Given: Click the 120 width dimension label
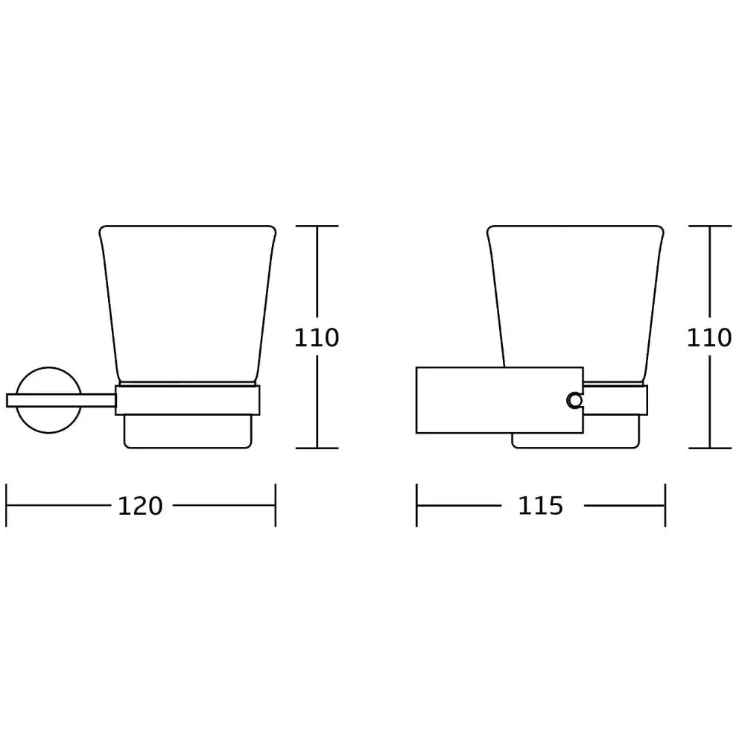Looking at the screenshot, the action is click(x=140, y=506).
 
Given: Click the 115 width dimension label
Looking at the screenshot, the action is click(x=540, y=506).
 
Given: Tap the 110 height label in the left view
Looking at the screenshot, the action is click(x=317, y=337).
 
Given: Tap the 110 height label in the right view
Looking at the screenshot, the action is click(x=709, y=337).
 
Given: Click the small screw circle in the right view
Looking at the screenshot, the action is click(x=575, y=401).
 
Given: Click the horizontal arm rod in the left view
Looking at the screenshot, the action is click(x=61, y=401).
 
